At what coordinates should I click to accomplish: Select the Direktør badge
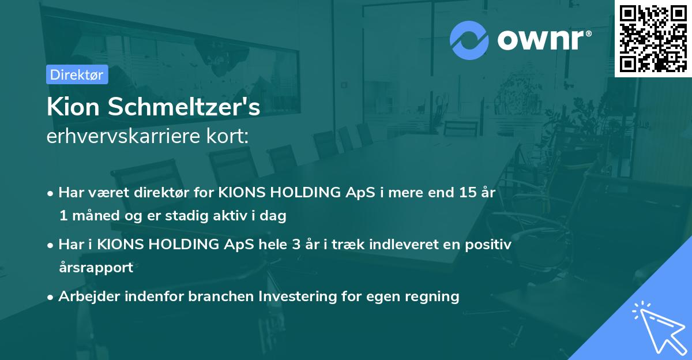coord(77,74)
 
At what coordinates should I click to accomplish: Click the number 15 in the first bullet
coord(463,193)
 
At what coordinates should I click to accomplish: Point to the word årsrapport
coord(96,268)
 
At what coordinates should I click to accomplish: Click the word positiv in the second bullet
coord(490,245)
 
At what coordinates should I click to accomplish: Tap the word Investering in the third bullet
coord(297,297)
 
